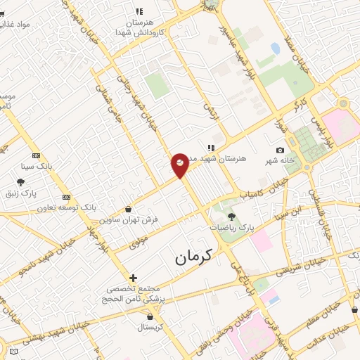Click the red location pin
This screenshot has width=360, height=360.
pos(180,164)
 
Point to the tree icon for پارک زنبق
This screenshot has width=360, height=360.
pos(20,182)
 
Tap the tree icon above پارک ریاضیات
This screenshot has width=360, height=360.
pos(232,217)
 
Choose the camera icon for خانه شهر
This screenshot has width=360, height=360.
pos(281,150)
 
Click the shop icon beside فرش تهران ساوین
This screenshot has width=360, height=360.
pos(127,209)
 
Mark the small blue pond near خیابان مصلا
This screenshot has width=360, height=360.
pos(275,48)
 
